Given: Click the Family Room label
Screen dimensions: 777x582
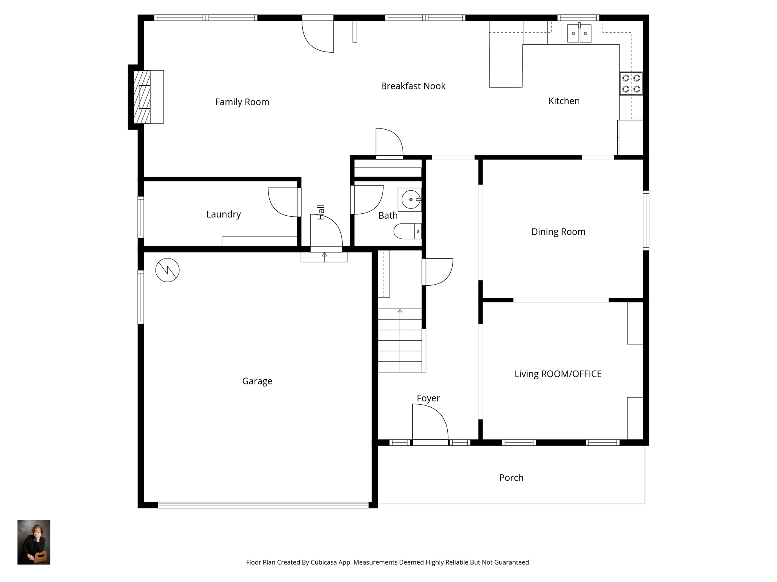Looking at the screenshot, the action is pyautogui.click(x=242, y=102).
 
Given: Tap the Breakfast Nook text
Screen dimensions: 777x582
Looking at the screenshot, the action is pyautogui.click(x=413, y=86).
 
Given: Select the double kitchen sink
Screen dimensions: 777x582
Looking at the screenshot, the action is pyautogui.click(x=579, y=33).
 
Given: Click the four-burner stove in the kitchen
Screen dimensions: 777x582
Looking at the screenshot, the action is pyautogui.click(x=631, y=84).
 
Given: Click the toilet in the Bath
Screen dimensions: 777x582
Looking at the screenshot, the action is pyautogui.click(x=407, y=231).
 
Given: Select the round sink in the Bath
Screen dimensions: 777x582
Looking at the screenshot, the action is pyautogui.click(x=410, y=200).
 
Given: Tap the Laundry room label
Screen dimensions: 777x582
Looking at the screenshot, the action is pyautogui.click(x=223, y=214).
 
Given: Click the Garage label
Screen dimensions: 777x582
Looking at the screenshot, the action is pyautogui.click(x=257, y=381).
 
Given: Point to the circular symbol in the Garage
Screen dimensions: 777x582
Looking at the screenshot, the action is pyautogui.click(x=167, y=270).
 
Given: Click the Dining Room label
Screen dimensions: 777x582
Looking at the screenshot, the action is pyautogui.click(x=558, y=232).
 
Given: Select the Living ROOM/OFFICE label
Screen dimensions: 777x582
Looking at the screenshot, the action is pyautogui.click(x=558, y=374).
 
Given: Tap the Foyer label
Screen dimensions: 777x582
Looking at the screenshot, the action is pyautogui.click(x=428, y=398).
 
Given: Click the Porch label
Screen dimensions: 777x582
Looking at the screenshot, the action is pyautogui.click(x=511, y=478).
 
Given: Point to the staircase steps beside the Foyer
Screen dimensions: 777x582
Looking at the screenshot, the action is pyautogui.click(x=400, y=340).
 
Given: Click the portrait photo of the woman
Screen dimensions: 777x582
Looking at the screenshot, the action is pyautogui.click(x=34, y=542).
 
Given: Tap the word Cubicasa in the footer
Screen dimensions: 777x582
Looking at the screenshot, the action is pyautogui.click(x=324, y=562).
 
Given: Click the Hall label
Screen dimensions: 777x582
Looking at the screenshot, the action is pyautogui.click(x=321, y=212).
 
